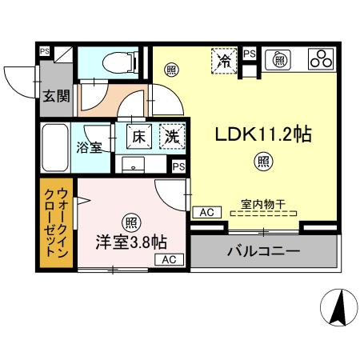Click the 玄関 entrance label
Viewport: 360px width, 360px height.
click(x=56, y=98)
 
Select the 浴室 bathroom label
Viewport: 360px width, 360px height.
click(x=89, y=147)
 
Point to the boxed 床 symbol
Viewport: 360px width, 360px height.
click(x=138, y=136)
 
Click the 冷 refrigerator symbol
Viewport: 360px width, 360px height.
click(x=226, y=59)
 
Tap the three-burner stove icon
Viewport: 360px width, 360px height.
click(x=321, y=58)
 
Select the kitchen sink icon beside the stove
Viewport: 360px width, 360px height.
click(x=280, y=58)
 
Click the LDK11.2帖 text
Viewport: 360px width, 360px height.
click(x=262, y=135)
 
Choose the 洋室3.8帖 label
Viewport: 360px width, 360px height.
click(x=131, y=241)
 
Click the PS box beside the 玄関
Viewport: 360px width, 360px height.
click(x=45, y=51)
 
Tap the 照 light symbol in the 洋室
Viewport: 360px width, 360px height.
click(x=130, y=220)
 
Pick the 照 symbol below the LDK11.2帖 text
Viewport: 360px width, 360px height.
click(x=262, y=162)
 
